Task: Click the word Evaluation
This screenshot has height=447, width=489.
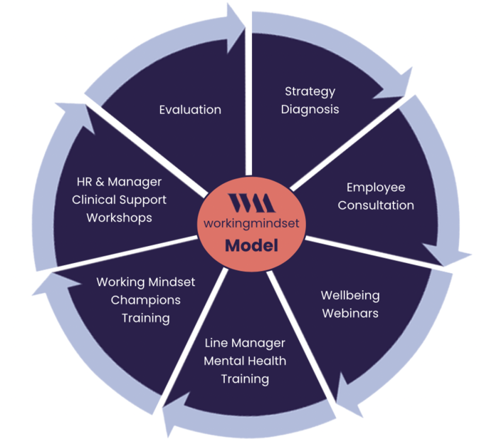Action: click(x=190, y=110)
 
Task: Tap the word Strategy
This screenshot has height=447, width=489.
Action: click(x=310, y=91)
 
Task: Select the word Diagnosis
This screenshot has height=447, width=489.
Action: click(x=310, y=109)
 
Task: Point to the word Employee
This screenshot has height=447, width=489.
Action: click(x=376, y=187)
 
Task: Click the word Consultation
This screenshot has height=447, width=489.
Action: click(x=376, y=205)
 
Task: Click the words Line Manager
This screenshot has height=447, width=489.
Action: click(x=245, y=343)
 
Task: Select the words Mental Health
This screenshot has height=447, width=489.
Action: click(x=245, y=361)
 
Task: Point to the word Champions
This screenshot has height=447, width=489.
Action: click(x=146, y=300)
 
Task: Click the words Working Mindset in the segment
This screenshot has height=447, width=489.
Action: click(x=146, y=282)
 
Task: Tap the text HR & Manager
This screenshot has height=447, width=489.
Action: click(x=120, y=183)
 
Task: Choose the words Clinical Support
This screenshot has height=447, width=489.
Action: click(x=120, y=200)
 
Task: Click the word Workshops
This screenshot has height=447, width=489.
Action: click(x=120, y=218)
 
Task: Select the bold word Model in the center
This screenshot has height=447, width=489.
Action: click(x=251, y=246)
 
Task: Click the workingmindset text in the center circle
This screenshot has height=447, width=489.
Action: click(x=251, y=222)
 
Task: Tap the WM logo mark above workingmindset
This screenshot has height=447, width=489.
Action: click(x=251, y=202)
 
